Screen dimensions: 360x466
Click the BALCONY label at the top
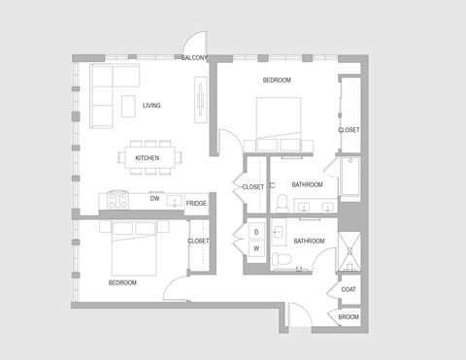click(194, 58)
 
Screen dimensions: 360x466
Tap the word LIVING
click(151, 106)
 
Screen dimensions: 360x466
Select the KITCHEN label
click(147, 158)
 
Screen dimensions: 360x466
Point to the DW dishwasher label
click(154, 198)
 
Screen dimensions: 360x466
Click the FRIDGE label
click(196, 204)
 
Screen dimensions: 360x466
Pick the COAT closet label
click(349, 289)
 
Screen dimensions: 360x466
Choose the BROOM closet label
click(349, 317)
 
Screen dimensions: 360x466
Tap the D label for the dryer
click(256, 232)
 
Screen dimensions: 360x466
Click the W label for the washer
click(256, 248)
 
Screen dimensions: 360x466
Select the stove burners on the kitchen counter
click(118, 201)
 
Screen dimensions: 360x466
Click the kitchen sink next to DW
click(175, 201)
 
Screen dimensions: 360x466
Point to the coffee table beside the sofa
click(128, 106)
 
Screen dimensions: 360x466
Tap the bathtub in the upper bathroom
click(349, 178)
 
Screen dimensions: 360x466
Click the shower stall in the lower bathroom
click(349, 251)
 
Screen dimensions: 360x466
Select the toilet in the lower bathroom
click(281, 258)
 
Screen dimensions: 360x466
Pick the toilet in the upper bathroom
click(280, 202)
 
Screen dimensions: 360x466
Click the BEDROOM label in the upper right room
click(277, 81)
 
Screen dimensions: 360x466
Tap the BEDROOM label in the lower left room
click(122, 282)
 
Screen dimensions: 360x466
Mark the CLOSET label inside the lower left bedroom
click(198, 241)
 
